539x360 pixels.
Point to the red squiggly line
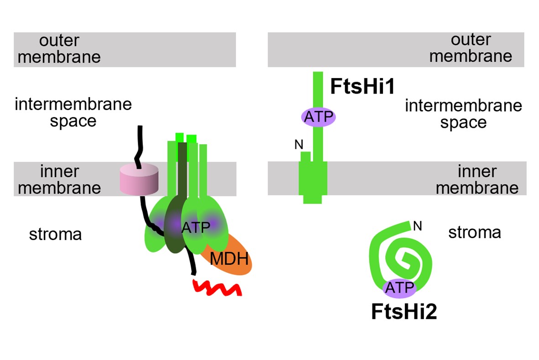pyautogui.click(x=217, y=287)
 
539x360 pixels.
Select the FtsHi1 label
pyautogui.click(x=362, y=87)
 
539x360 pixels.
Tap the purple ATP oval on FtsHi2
pyautogui.click(x=399, y=288)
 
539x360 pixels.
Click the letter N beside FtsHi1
pyautogui.click(x=299, y=145)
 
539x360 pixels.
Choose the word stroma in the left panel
pyautogui.click(x=55, y=234)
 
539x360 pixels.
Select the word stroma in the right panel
pyautogui.click(x=474, y=232)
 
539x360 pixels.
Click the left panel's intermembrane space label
pyautogui.click(x=73, y=112)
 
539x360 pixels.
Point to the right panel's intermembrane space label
pyautogui.click(x=463, y=114)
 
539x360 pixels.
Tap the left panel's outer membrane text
pyautogui.click(x=59, y=49)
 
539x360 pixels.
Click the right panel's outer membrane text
pyautogui.click(x=471, y=48)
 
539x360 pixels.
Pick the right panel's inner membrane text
pyautogui.click(x=477, y=179)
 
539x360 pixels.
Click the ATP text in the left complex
pyautogui.click(x=195, y=228)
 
